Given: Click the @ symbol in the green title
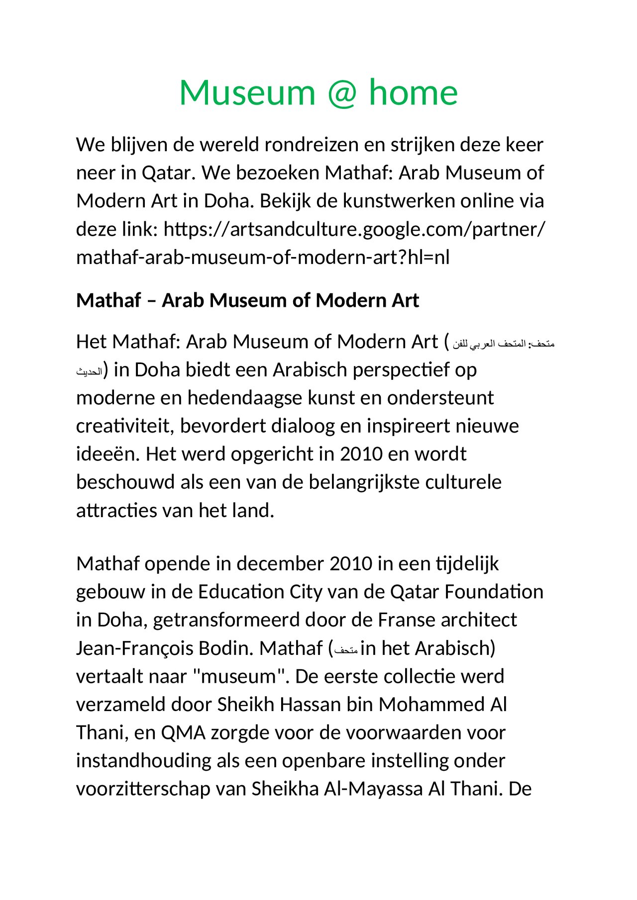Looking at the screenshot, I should coord(342,93).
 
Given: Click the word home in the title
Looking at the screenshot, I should coord(413,93).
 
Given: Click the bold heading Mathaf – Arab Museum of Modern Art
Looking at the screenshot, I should coord(247,300).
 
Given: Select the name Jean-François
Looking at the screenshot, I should coord(134,648).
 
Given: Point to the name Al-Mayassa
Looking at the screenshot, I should coord(373,789).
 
